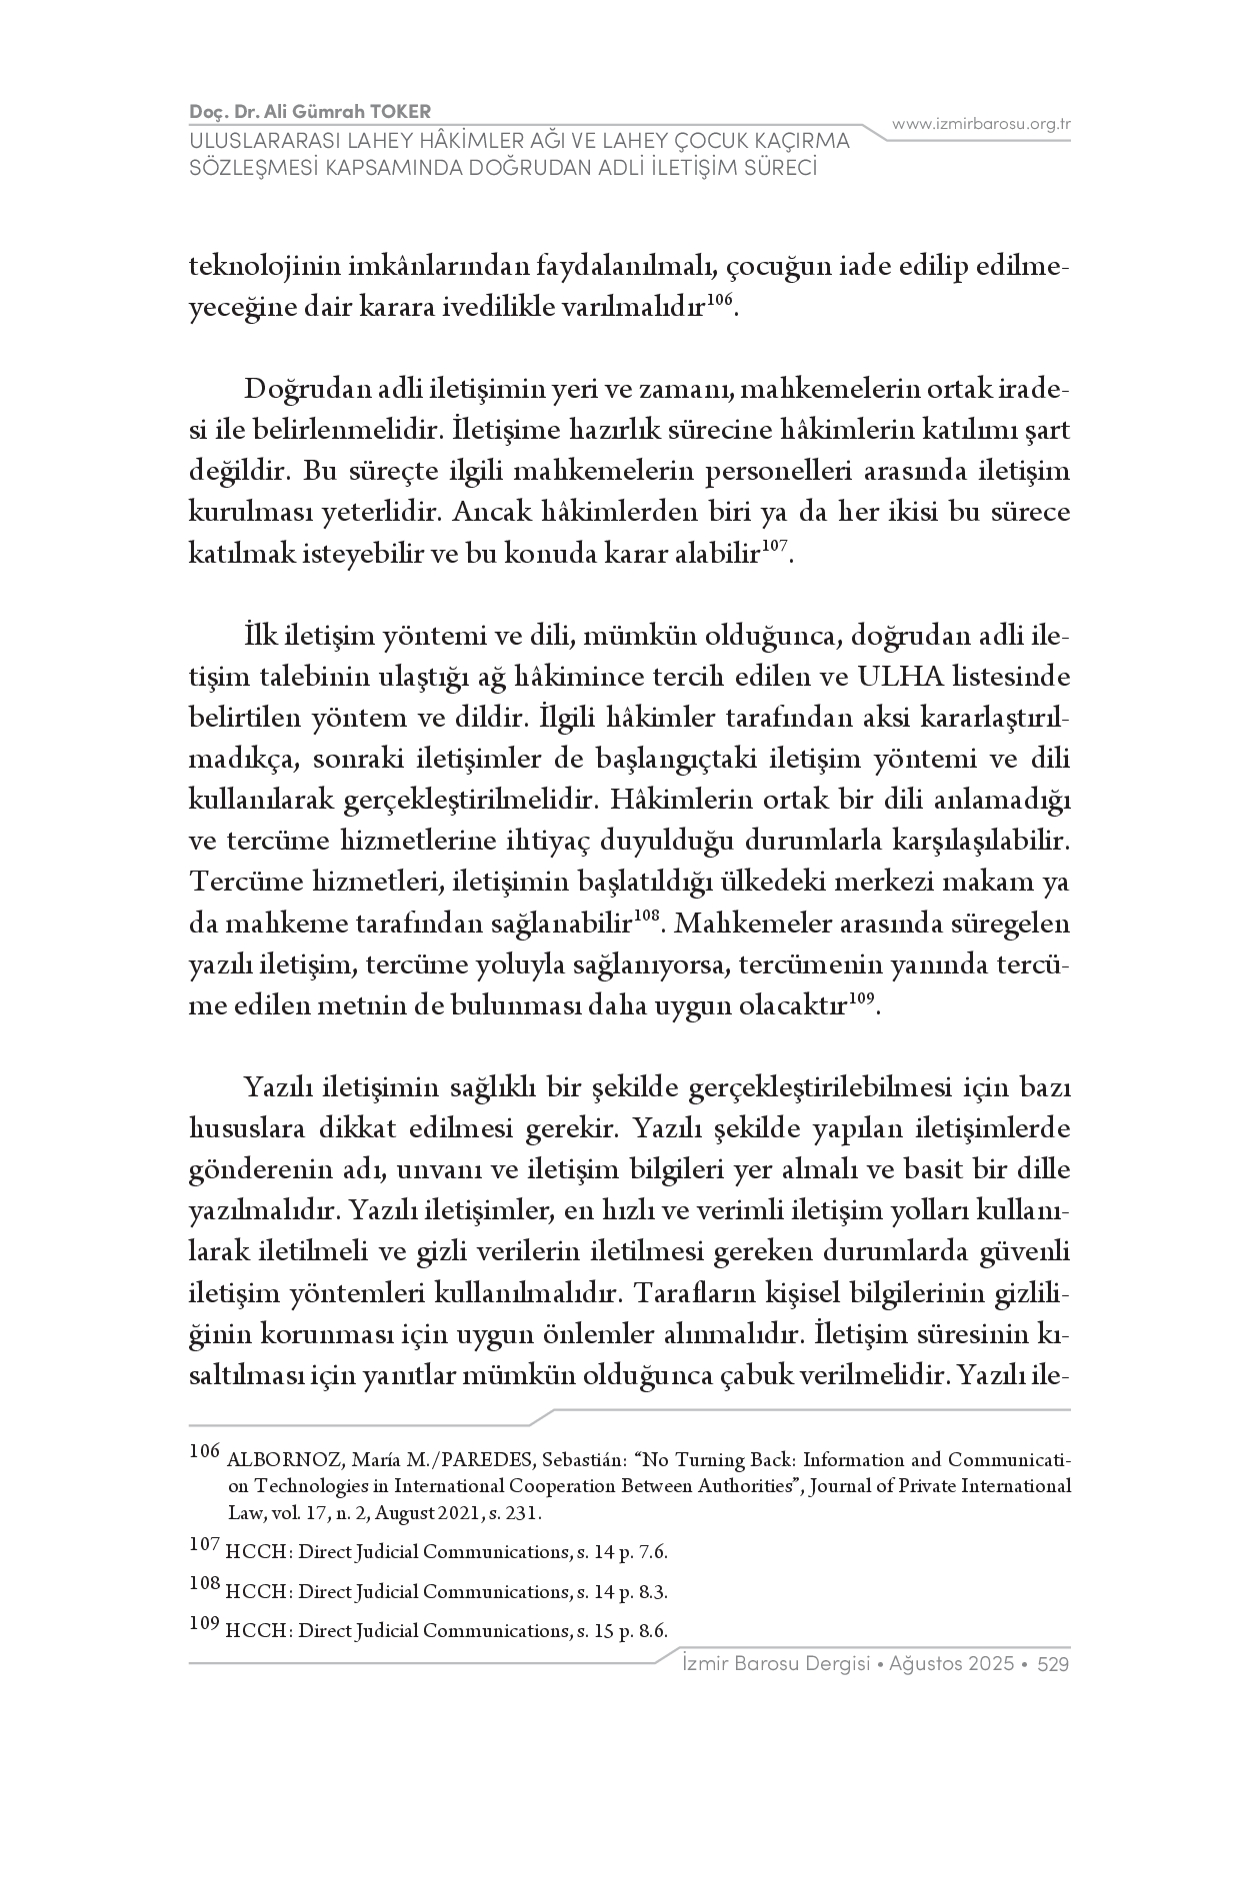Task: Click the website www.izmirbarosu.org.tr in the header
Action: coord(981,124)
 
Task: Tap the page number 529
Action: coord(1054,1664)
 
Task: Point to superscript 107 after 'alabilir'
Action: coord(774,546)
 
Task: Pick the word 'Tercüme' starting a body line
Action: coord(236,884)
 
